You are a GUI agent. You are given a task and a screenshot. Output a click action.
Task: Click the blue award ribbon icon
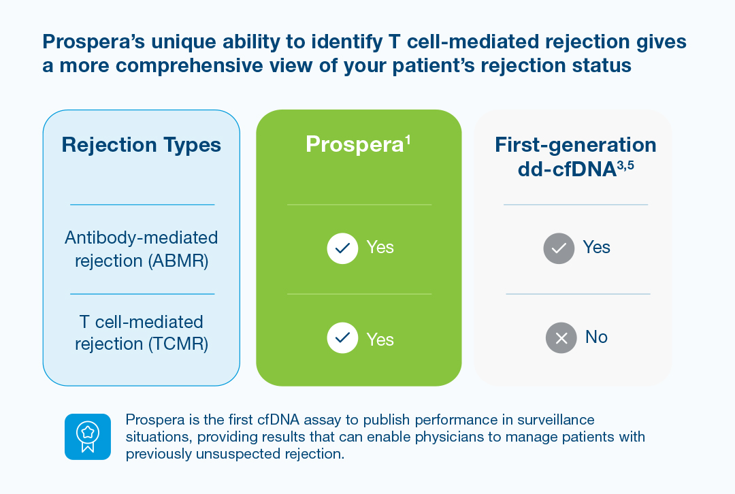(88, 437)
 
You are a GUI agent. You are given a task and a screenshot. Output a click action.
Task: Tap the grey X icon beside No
(561, 337)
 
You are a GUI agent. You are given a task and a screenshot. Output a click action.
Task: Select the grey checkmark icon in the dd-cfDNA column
(559, 248)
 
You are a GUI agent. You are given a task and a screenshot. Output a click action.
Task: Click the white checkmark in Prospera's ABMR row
(342, 248)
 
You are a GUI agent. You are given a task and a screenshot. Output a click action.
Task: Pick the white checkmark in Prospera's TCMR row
(342, 337)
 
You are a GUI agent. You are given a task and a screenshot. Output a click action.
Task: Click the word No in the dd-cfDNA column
(596, 337)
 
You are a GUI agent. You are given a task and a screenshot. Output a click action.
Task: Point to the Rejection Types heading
(141, 145)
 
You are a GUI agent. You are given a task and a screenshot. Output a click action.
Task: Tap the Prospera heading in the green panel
(355, 144)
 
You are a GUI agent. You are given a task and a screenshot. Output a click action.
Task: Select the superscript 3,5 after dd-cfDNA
(625, 165)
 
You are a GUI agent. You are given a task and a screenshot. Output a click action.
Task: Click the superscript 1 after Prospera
(408, 139)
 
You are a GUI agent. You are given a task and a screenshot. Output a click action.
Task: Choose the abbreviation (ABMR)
(178, 261)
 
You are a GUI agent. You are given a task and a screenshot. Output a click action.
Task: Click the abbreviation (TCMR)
(178, 344)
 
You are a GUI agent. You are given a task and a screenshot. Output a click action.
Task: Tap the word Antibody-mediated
(141, 237)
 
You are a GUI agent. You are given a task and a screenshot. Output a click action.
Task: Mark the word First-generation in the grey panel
(576, 145)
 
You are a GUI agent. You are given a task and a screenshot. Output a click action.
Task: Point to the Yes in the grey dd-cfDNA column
(596, 247)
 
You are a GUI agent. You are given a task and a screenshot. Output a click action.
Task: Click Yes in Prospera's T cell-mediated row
(380, 340)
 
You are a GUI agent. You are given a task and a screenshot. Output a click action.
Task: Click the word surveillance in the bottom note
(555, 419)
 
